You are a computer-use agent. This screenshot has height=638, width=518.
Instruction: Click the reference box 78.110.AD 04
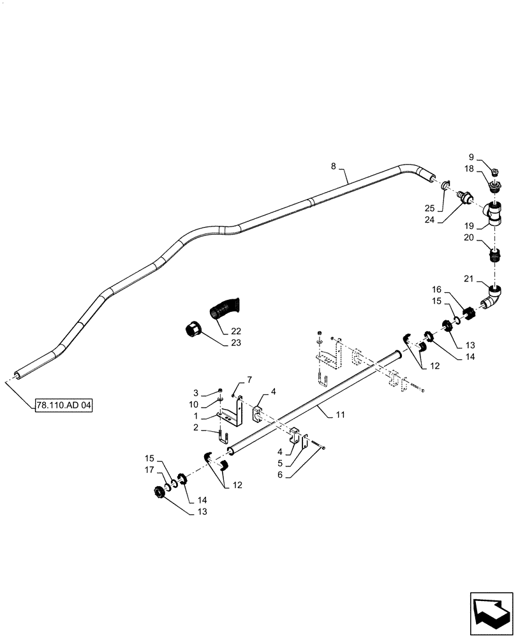[64, 406]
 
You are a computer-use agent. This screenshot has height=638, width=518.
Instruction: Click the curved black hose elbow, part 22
[224, 309]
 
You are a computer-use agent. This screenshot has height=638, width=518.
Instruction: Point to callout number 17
[149, 471]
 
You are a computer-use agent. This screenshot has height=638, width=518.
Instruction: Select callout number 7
[232, 380]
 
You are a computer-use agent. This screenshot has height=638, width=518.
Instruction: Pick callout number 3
[196, 392]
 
